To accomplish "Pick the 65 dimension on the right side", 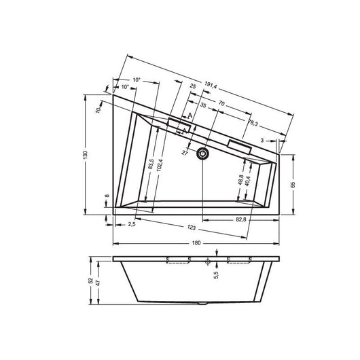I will tap(293, 183).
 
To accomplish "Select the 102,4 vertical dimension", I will tap(160, 165).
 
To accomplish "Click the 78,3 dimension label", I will tap(253, 122).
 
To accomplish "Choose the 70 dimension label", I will tap(222, 103).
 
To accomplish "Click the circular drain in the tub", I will tap(202, 154).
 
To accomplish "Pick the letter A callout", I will tap(190, 116).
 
